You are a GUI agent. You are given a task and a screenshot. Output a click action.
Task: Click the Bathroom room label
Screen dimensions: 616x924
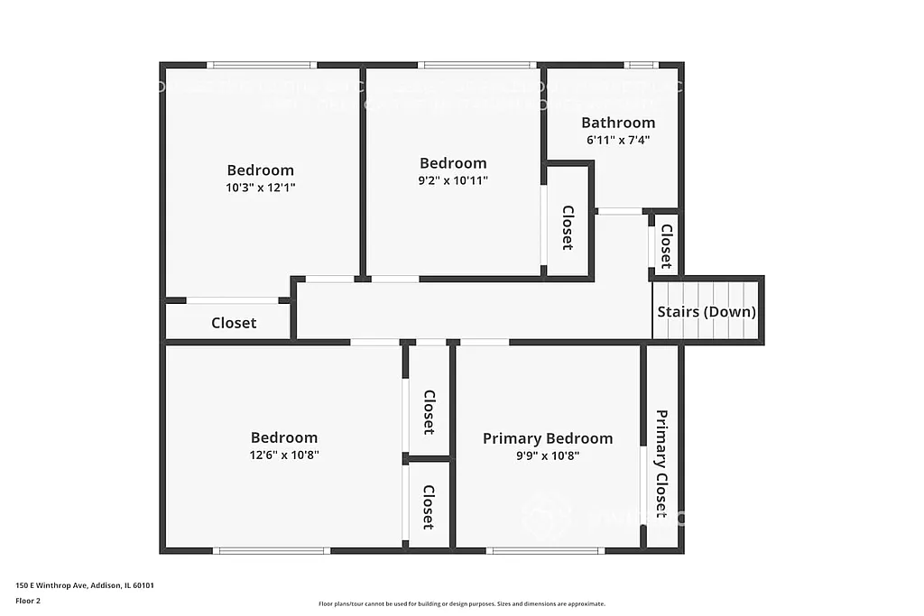(x=618, y=123)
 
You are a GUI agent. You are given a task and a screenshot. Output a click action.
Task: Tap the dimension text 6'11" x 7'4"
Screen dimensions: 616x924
(x=618, y=140)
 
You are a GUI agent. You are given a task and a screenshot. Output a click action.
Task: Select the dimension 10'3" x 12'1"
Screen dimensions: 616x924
(x=260, y=188)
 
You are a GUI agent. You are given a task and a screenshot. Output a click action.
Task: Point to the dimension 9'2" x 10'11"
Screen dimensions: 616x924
(x=453, y=180)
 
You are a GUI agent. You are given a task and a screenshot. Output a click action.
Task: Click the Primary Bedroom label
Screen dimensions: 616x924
(x=547, y=438)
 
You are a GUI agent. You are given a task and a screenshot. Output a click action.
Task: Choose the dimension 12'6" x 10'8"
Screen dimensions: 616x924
(x=284, y=455)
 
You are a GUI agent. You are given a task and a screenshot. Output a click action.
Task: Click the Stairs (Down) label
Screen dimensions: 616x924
(x=707, y=312)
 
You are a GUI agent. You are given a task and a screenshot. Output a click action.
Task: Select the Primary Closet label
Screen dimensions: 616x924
(x=661, y=464)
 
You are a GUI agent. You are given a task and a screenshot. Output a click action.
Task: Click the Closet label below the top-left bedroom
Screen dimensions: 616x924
(x=234, y=323)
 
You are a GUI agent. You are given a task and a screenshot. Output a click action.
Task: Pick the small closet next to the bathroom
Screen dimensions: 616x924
(x=666, y=245)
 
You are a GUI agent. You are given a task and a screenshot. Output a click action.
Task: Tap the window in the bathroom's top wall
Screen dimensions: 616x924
(x=642, y=65)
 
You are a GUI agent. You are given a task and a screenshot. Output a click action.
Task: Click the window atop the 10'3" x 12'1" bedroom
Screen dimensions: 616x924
(x=262, y=65)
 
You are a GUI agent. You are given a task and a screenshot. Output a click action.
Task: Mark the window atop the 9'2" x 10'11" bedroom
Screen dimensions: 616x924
(x=478, y=65)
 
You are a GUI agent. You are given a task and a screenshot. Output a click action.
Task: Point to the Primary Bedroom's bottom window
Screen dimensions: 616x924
(x=545, y=550)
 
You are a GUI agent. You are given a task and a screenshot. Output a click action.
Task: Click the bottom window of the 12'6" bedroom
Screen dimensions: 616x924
(x=272, y=550)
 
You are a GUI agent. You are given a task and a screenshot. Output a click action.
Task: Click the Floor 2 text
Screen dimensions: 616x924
(x=28, y=601)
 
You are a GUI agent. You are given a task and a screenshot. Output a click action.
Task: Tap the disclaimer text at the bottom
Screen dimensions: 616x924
(x=461, y=604)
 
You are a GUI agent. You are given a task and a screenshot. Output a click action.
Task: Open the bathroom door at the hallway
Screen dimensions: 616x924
(x=620, y=211)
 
